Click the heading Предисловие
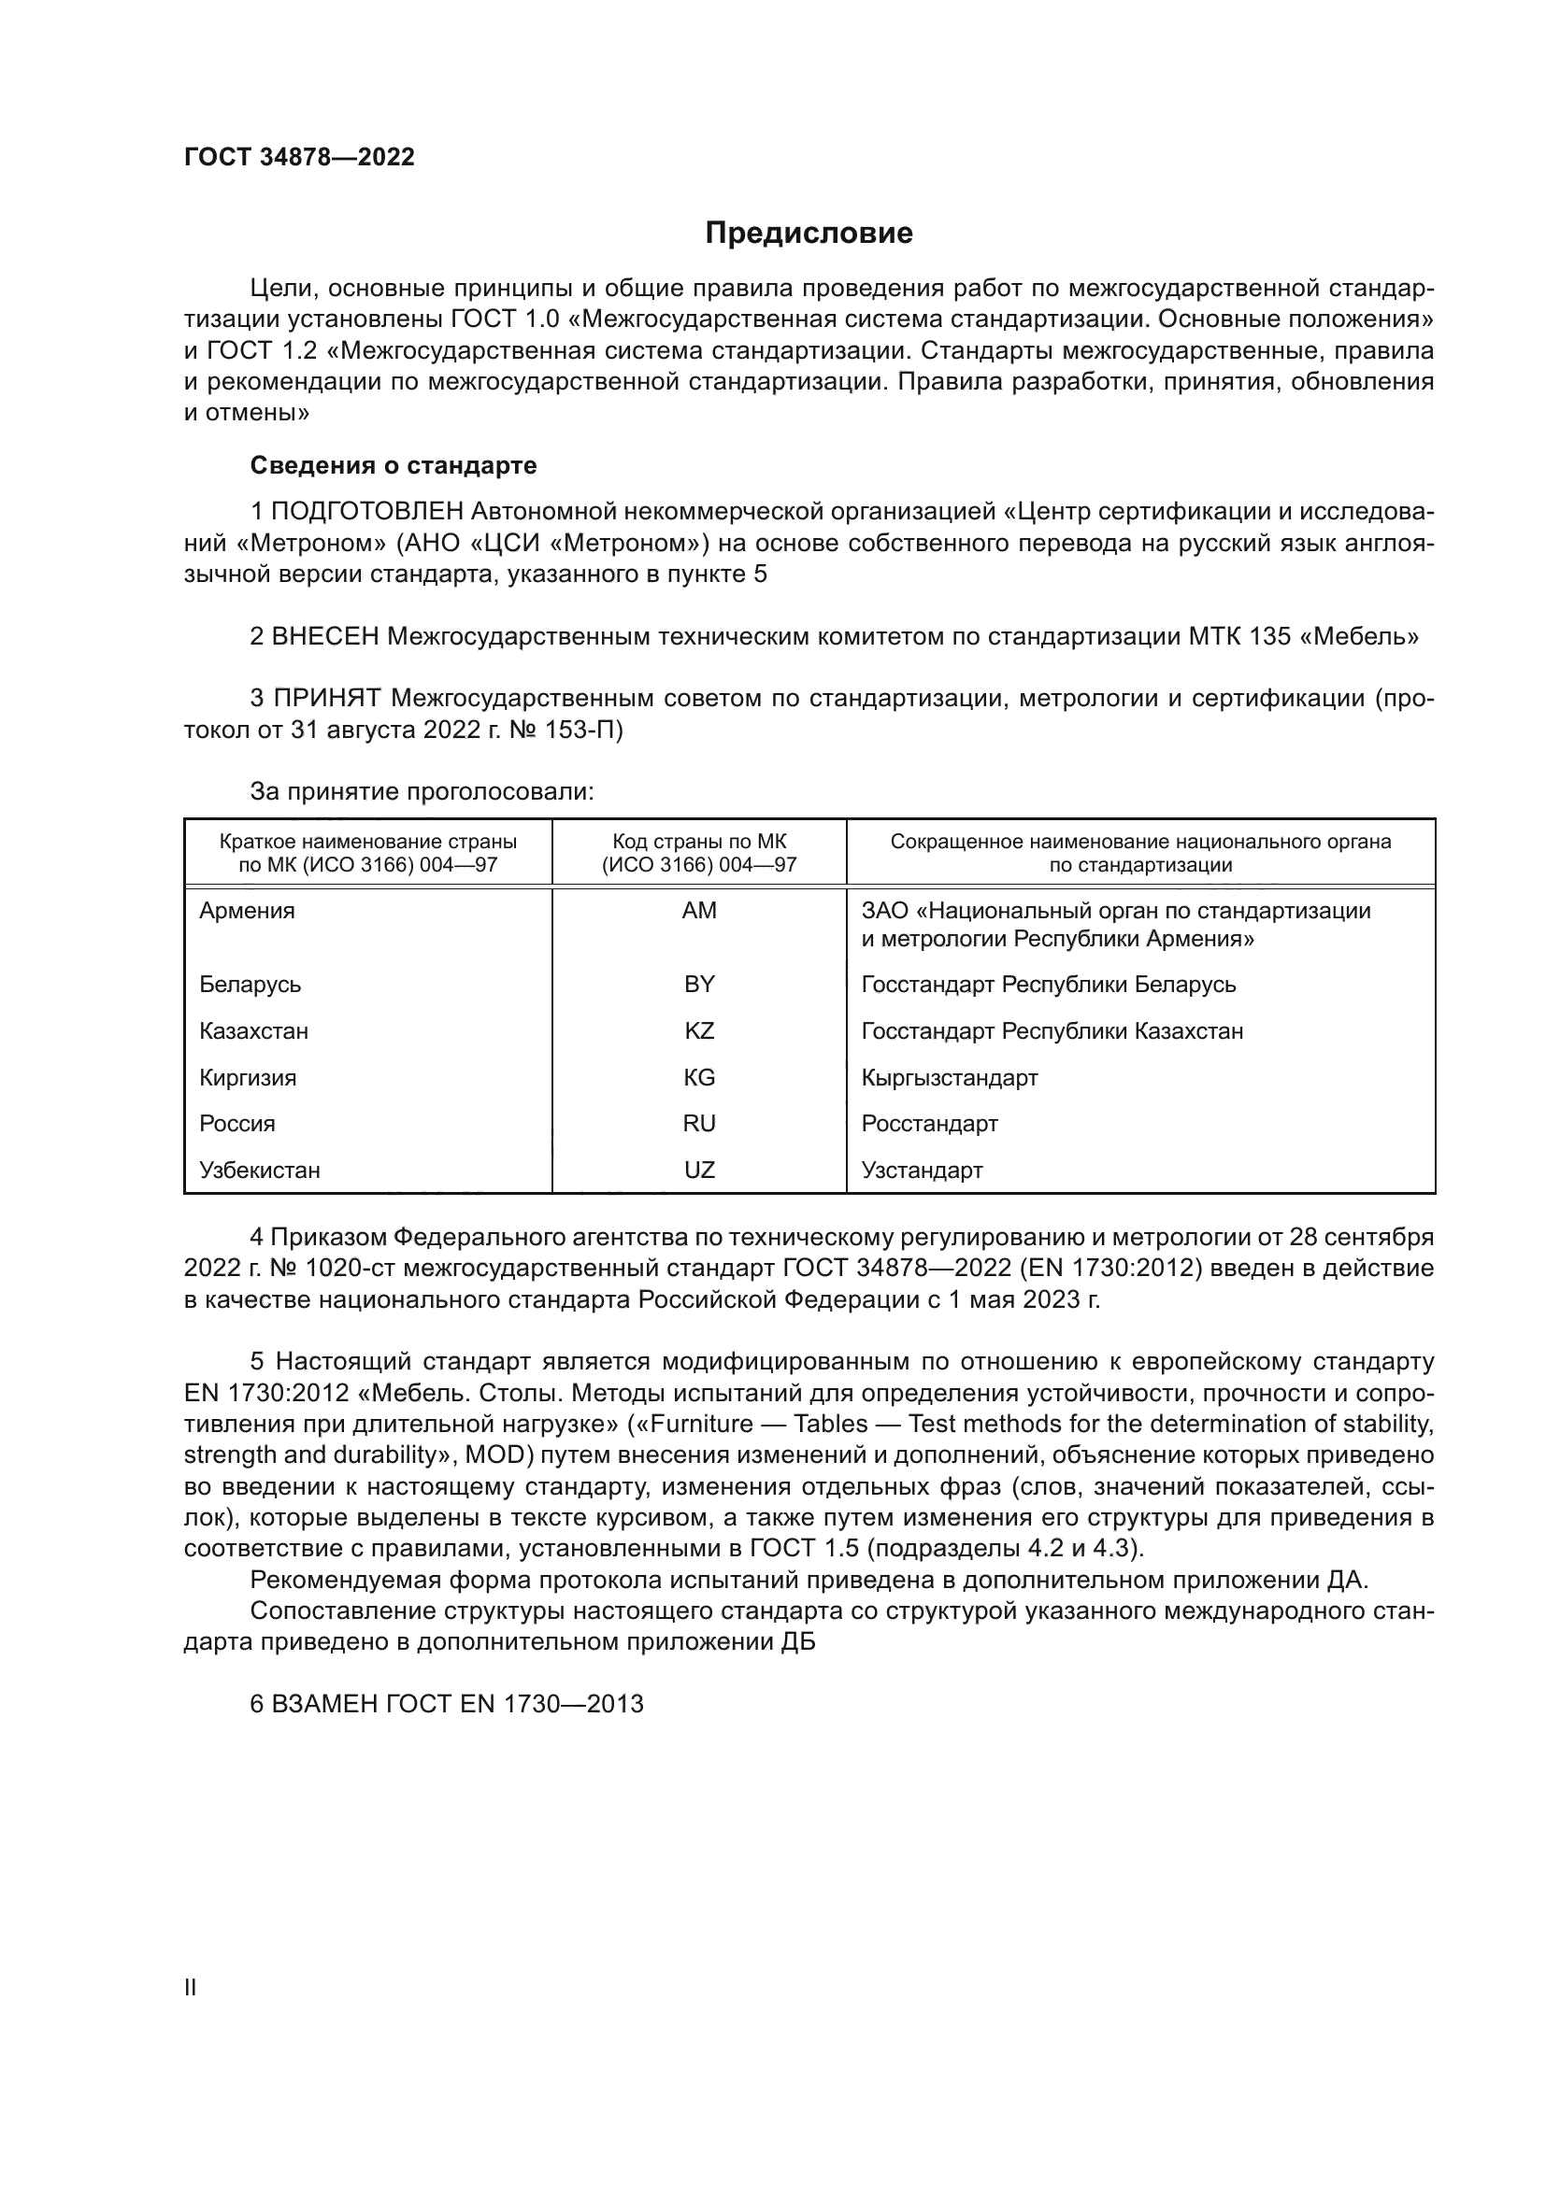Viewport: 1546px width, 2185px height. click(809, 234)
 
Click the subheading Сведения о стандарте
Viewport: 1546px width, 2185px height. click(394, 465)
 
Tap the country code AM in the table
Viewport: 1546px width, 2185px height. click(699, 911)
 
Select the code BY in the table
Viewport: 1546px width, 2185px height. click(699, 984)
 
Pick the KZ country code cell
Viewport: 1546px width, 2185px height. click(699, 1030)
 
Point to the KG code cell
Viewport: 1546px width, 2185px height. click(699, 1077)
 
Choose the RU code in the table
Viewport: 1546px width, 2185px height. click(699, 1123)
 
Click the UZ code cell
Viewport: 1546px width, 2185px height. click(699, 1170)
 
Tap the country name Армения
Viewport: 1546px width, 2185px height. click(247, 911)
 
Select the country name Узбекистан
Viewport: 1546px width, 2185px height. click(259, 1170)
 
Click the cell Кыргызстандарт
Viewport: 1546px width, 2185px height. click(949, 1077)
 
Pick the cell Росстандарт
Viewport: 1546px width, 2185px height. click(929, 1123)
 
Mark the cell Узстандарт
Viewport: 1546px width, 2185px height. click(922, 1170)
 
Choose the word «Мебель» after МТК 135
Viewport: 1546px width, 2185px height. click(1358, 636)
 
